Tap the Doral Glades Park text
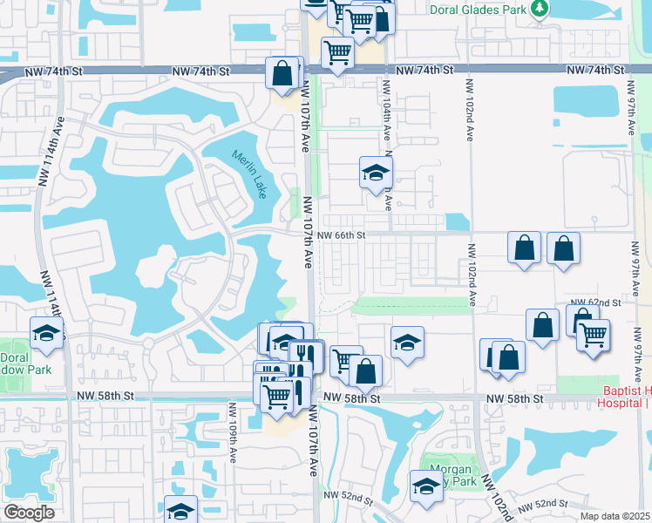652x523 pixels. (479, 9)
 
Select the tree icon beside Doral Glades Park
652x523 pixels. (540, 9)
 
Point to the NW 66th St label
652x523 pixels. (341, 235)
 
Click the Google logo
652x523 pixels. (29, 513)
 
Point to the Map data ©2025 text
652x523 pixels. (615, 516)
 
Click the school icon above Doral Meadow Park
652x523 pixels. (46, 332)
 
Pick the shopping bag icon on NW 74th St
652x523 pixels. (282, 73)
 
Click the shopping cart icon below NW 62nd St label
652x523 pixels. (593, 334)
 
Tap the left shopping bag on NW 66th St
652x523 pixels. (524, 248)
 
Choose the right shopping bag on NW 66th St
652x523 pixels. (564, 248)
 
